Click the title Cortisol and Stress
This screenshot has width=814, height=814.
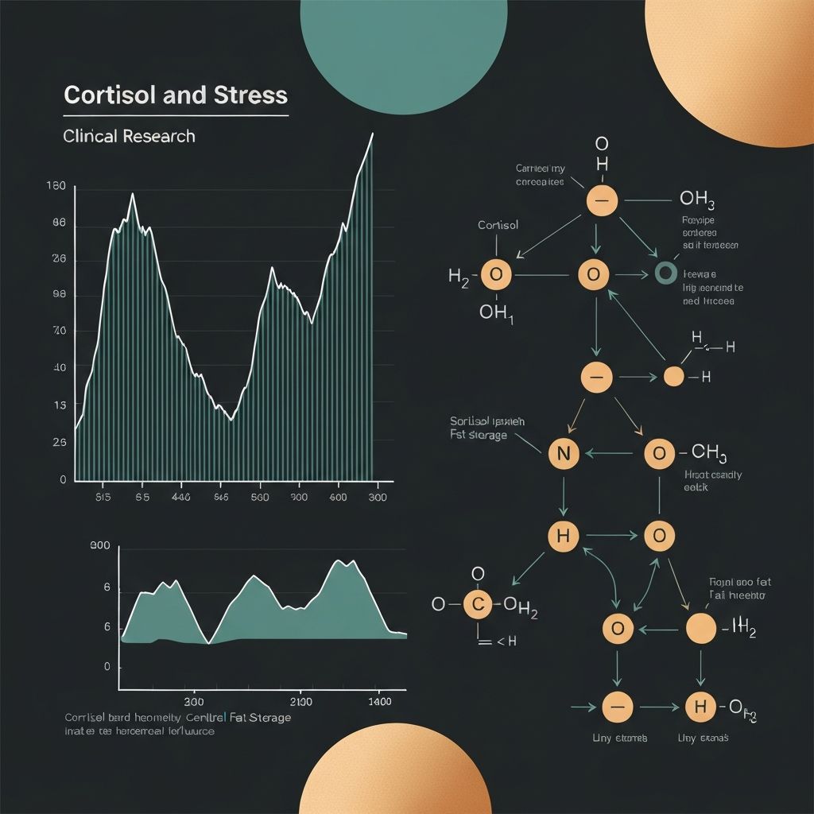175,95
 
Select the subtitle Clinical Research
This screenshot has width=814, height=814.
129,136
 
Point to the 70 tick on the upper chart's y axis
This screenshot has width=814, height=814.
59,331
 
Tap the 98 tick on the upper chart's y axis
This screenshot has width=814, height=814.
59,295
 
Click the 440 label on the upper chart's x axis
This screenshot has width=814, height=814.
180,498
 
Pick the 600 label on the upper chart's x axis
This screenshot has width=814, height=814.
338,498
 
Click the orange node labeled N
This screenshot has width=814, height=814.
564,454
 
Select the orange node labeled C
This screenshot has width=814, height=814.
478,604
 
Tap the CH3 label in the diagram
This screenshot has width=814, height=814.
709,453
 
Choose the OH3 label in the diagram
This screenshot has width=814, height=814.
697,199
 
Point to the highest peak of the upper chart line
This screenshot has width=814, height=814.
372,134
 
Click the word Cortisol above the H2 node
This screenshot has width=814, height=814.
498,225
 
